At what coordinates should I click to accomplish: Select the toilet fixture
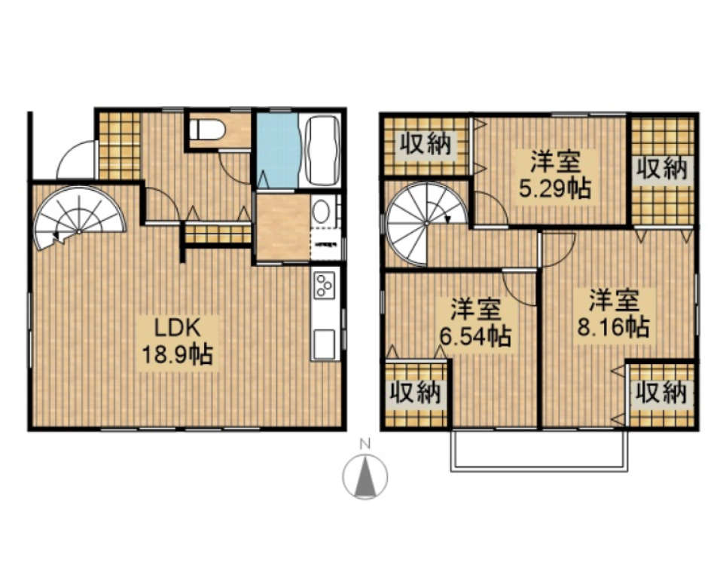tap(206, 130)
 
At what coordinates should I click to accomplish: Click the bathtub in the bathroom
tap(321, 151)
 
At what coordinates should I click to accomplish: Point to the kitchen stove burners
tap(325, 286)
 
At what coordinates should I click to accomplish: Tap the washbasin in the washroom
tap(321, 212)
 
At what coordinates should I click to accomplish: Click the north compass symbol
tap(365, 477)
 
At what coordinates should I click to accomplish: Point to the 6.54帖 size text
tap(475, 335)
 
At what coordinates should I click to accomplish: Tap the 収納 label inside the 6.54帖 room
tap(415, 393)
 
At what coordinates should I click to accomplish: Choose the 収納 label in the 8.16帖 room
tap(661, 393)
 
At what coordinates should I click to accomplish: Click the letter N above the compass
tap(365, 444)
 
